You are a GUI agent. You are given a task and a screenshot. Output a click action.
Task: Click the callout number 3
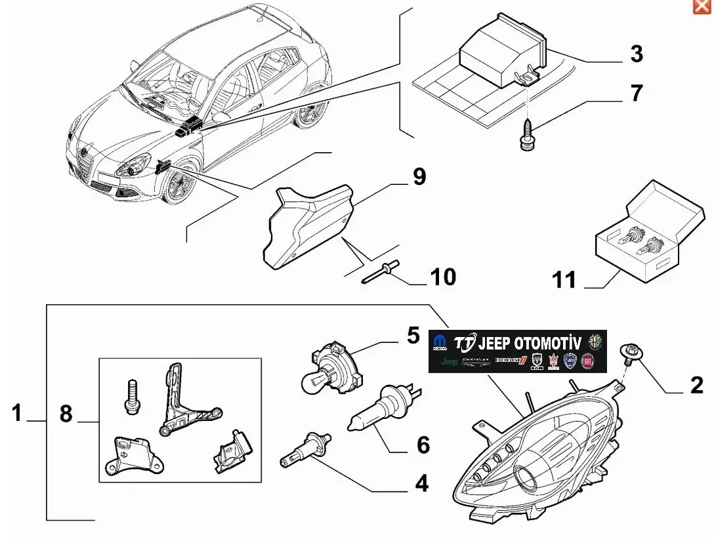pos(636,54)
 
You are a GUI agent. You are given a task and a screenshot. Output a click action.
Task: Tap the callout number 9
pos(419,176)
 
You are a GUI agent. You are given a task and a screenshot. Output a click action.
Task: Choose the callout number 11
pos(564,280)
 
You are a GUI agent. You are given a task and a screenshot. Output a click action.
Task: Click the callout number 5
pos(413,336)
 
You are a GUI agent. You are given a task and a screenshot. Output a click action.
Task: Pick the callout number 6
pos(423,445)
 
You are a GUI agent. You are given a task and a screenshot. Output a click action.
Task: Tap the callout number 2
pos(696,386)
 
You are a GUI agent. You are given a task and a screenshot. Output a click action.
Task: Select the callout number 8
pos(66,414)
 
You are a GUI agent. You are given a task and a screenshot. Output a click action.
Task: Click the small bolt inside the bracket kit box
pos(130,396)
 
